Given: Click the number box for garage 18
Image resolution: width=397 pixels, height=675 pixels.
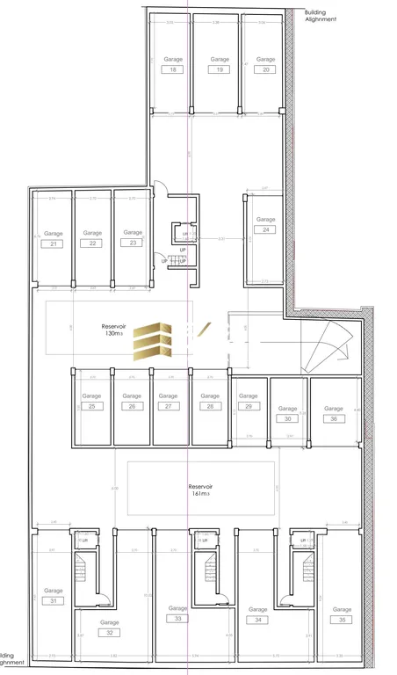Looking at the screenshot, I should [173, 69].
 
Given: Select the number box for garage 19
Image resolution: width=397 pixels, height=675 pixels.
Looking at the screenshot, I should [220, 69].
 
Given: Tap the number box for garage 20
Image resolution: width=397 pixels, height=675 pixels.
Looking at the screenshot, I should [265, 69].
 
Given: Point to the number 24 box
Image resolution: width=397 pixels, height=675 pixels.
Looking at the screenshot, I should [265, 229].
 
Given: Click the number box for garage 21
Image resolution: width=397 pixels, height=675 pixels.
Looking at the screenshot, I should [54, 243].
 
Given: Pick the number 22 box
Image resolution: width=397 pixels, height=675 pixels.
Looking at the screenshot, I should [92, 243].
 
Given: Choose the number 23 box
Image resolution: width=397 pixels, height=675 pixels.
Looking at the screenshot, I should [132, 242].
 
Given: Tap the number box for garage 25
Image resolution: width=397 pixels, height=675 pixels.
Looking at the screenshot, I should [92, 406].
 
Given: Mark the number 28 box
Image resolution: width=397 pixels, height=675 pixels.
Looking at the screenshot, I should [209, 406].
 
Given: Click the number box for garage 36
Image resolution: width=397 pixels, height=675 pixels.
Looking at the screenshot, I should [334, 418].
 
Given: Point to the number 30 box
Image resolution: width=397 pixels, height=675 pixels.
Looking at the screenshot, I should [288, 418].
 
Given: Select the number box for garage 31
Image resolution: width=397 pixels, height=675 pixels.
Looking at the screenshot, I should [54, 600].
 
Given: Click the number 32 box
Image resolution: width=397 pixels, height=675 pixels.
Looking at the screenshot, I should [109, 632].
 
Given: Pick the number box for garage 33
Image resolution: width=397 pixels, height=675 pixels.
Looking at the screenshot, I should [178, 619].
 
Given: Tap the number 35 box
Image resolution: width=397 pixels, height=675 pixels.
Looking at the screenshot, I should [342, 620].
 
